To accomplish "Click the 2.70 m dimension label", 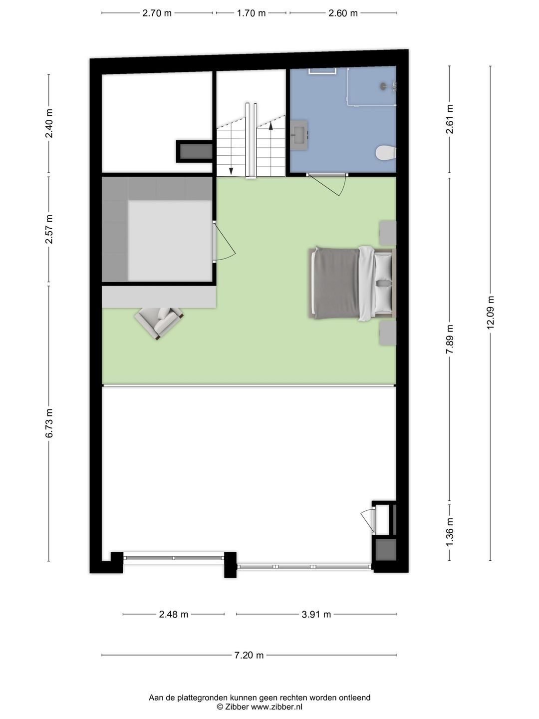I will point(157,13).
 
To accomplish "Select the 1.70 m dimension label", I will point(251,13).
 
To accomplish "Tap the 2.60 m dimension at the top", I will point(343,13).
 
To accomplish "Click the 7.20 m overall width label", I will point(249,655).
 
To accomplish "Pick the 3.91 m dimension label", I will point(316,615).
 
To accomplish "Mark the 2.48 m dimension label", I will point(174,615).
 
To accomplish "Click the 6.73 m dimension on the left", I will point(49,423).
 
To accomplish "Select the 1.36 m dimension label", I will point(450,530).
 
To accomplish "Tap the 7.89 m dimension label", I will point(450,340).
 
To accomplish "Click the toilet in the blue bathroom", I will point(386,153).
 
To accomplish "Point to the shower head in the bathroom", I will point(384,86).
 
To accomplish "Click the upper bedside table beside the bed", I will point(388,233).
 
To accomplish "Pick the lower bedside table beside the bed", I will point(388,333).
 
